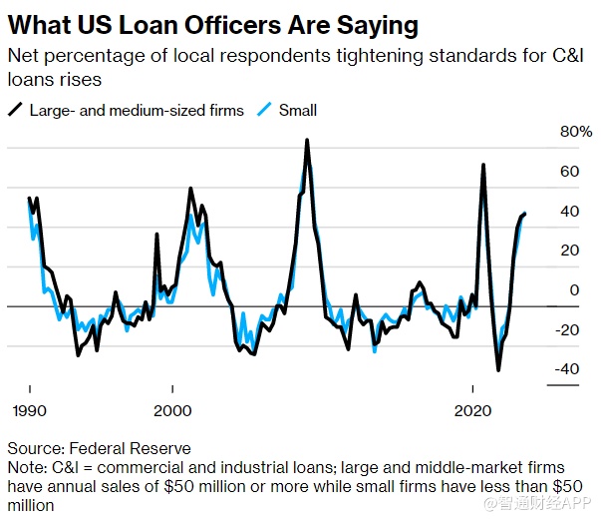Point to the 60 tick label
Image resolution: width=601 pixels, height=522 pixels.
pos(569,172)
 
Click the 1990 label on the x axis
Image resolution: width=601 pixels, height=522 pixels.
pos(29,411)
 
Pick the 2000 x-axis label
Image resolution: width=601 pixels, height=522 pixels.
pos(172,411)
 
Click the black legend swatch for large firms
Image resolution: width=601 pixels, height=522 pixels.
pos(16,110)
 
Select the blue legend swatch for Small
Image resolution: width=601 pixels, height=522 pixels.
pos(263,110)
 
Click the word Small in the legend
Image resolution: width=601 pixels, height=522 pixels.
pos(298,110)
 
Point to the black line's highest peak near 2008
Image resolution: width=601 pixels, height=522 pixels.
pos(307,140)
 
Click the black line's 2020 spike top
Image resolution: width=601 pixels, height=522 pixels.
pos(483,165)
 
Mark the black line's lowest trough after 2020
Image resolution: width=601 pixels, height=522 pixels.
pos(498,370)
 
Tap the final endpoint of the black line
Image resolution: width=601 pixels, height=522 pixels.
pos(525,214)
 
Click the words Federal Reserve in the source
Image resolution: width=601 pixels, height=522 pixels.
pos(128,449)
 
